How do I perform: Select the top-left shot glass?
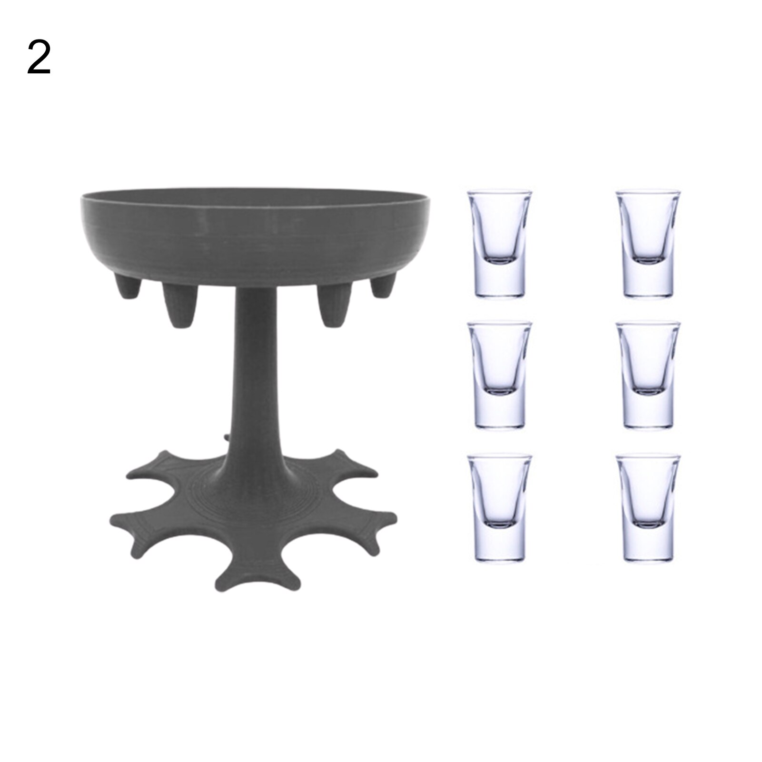[x=499, y=245]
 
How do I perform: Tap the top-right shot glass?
[x=648, y=245]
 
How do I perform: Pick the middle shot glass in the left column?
[x=499, y=376]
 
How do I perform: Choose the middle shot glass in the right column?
[x=648, y=376]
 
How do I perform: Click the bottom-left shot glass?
[x=499, y=508]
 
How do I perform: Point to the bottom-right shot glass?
[x=648, y=508]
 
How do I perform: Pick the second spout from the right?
[x=335, y=305]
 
